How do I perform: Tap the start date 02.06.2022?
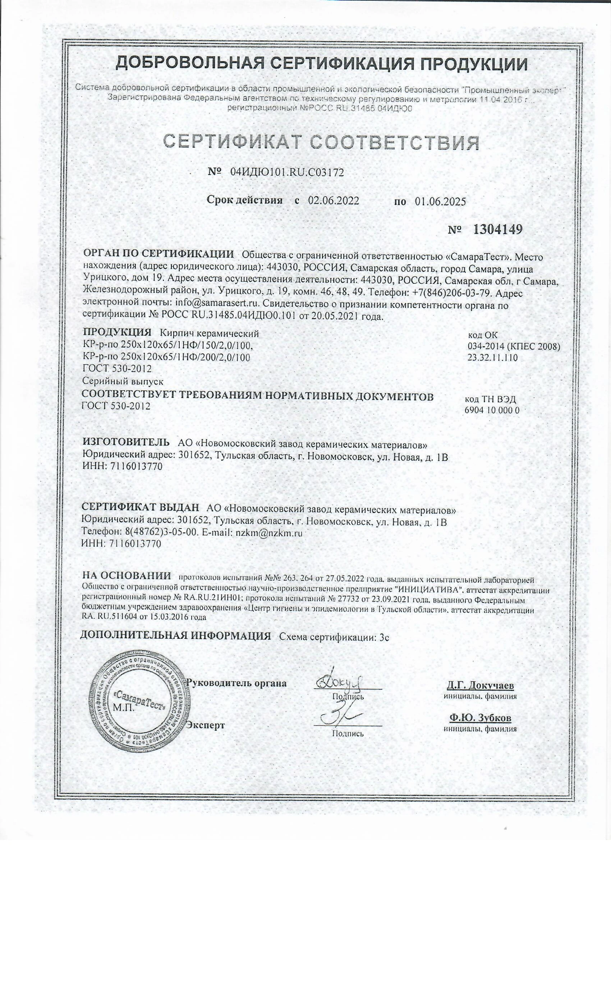333,200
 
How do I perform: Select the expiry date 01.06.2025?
440,201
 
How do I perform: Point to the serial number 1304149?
497,230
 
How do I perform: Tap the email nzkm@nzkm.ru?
269,533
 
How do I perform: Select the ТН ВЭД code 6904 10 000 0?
492,411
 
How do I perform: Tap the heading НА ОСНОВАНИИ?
126,576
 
